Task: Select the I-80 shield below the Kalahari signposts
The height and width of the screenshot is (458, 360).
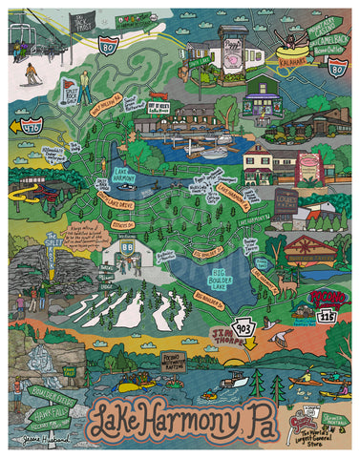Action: click(335, 66)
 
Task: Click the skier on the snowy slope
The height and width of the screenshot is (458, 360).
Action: click(32, 73)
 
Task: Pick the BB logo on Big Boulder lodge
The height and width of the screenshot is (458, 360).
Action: click(127, 244)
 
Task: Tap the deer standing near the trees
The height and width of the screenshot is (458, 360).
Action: click(284, 282)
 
